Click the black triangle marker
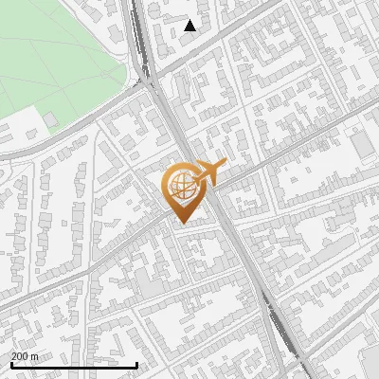point(190,26)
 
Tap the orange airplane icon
point(210,173)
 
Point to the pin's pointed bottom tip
point(181,224)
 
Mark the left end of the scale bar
point(11,365)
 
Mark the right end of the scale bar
point(137,365)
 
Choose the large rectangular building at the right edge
point(362,144)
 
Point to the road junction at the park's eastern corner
point(150,83)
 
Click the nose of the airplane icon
point(225,166)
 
